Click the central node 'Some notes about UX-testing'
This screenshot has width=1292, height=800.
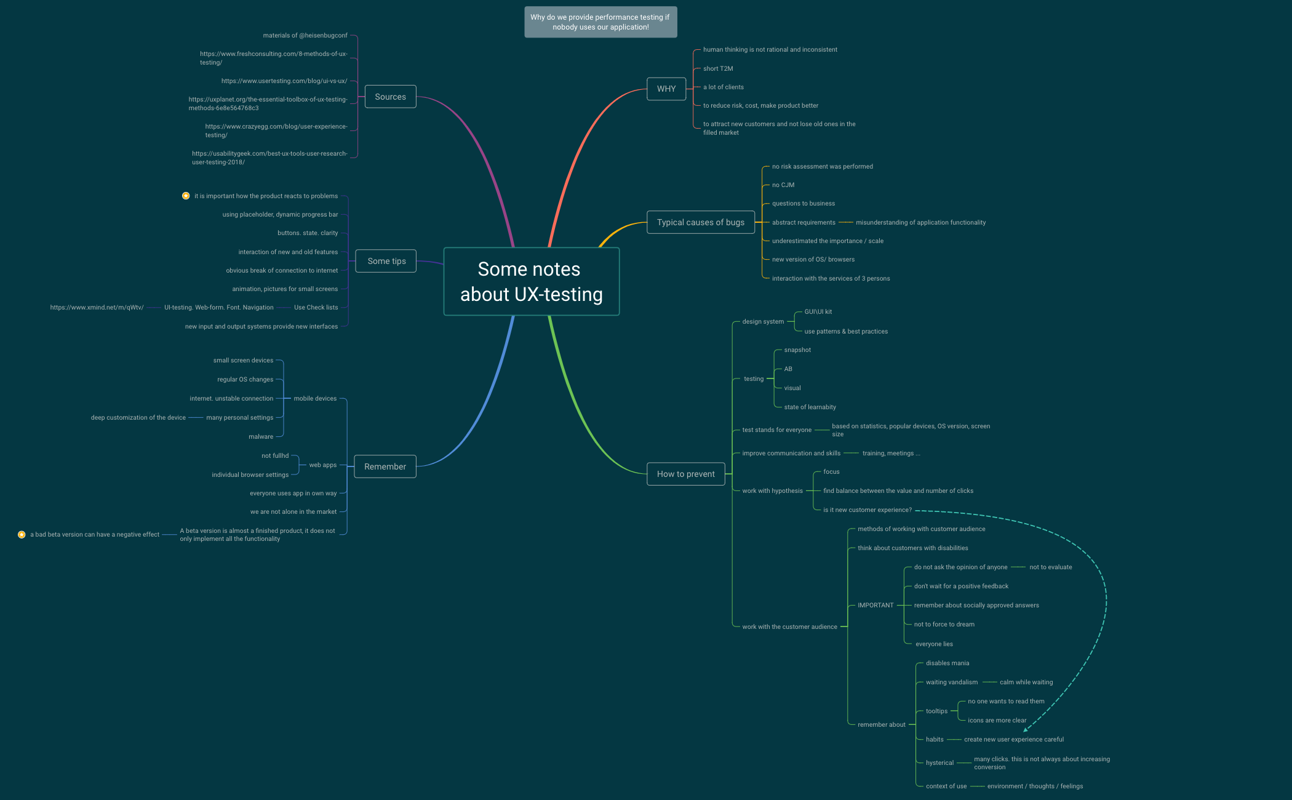531,281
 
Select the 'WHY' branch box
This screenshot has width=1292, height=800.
666,89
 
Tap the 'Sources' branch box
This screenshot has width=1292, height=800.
390,97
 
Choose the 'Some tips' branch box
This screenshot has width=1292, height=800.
386,261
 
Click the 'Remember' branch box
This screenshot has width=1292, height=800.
385,466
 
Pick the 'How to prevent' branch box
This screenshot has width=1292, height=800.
685,474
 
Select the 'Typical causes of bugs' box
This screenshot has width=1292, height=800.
700,222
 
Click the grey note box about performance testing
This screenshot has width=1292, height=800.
600,22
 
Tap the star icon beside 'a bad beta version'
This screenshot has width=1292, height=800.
22,535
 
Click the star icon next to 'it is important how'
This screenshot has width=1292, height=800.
186,196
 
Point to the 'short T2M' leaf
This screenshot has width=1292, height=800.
718,68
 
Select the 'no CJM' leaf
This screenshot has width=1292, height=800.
783,185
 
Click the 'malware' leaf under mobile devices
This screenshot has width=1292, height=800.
261,436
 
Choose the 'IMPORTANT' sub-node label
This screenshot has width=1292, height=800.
875,605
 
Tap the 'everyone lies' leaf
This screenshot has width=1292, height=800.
934,644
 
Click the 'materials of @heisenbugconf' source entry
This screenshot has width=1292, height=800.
305,35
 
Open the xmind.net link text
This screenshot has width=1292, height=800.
97,307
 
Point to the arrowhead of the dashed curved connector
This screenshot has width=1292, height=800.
1025,730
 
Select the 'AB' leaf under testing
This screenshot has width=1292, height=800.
788,369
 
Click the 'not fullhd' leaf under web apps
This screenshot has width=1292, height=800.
275,455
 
